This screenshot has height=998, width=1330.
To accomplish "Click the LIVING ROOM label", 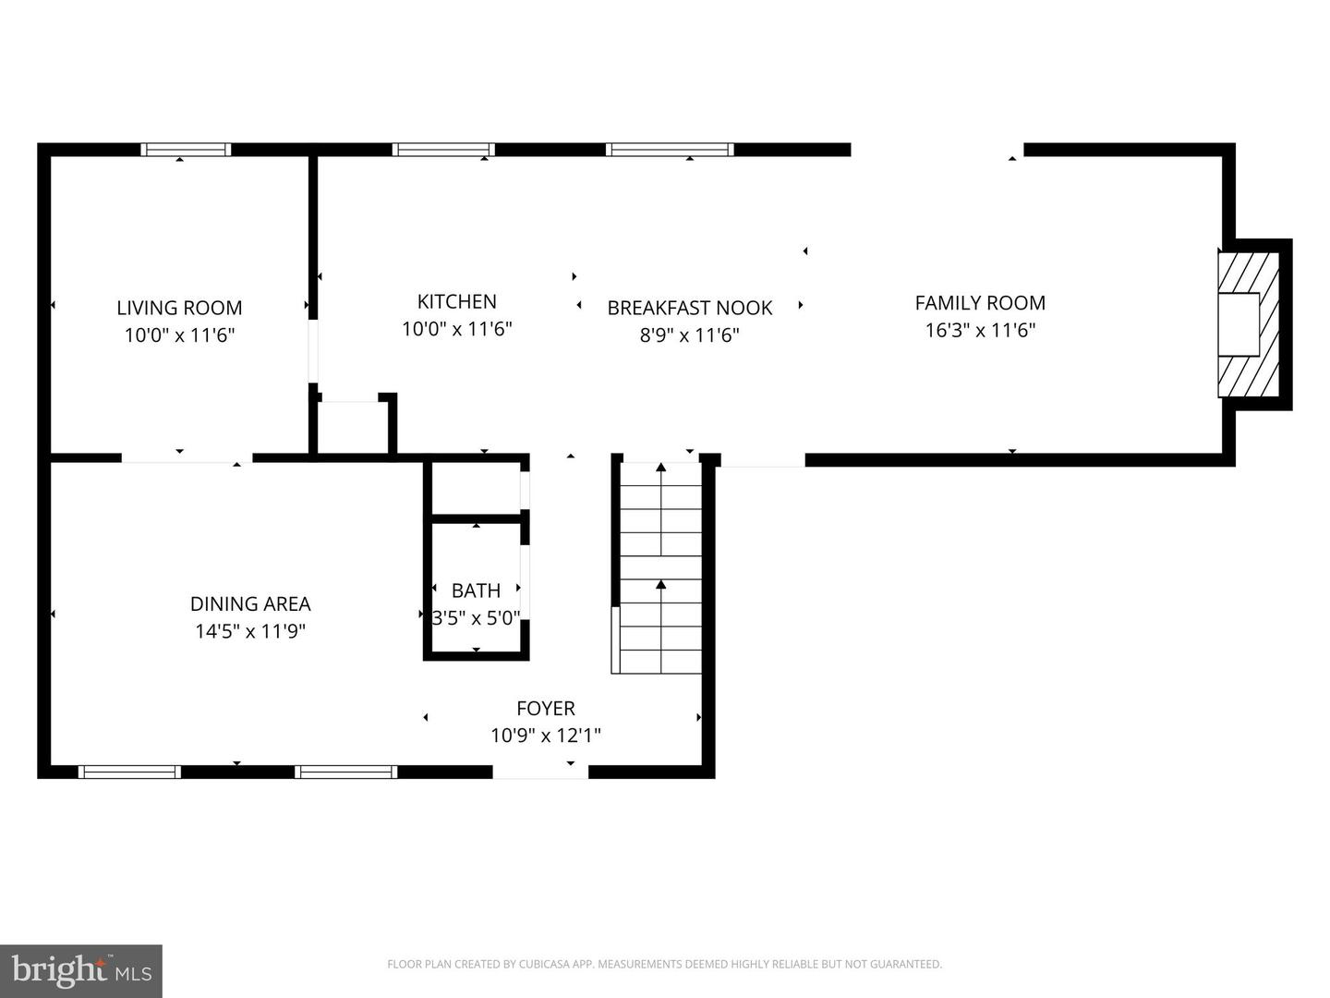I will pos(179,308).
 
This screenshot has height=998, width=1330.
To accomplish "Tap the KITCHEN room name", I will pos(456,301).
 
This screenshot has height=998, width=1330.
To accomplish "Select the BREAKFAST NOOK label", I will pos(689,308).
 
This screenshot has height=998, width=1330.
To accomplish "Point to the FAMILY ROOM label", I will pos(980,302).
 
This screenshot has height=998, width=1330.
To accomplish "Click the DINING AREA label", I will pos(250,603).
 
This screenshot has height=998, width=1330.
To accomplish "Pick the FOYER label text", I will pos(545,708).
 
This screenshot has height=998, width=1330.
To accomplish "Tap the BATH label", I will pos(476,590).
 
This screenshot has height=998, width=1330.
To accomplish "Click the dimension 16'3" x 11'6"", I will pos(980,330).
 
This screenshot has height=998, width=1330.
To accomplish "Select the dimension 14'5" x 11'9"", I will pos(250,631).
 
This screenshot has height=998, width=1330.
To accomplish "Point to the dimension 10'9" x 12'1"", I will pos(545,736).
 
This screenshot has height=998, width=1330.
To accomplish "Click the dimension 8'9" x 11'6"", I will pos(689,335).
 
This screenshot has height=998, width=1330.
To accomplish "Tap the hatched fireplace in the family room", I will pos(1249,324).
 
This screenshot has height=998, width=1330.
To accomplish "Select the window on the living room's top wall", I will pos(186,150).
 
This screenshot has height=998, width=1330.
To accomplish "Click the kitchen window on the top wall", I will pos(443,150).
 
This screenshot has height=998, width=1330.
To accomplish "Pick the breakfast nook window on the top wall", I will pos(670,150).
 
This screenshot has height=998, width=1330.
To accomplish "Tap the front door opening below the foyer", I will pos(540,772).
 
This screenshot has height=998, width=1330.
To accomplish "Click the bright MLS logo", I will pos(81,970).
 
